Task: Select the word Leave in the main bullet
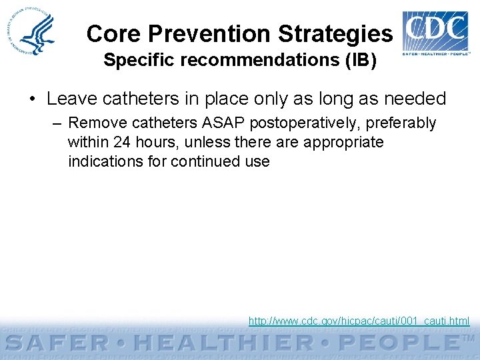tap(69, 99)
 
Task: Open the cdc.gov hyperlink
tap(359, 321)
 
